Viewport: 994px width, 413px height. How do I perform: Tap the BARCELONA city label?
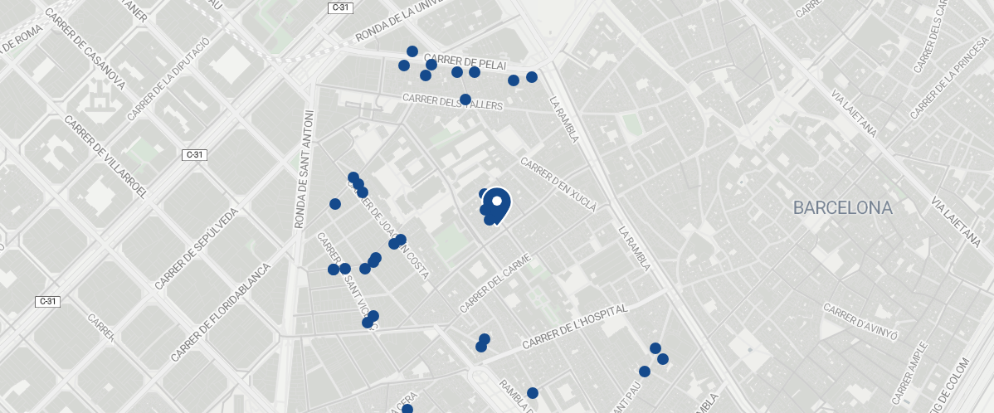pyautogui.click(x=842, y=207)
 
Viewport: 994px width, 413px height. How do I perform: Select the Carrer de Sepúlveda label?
pyautogui.click(x=196, y=249)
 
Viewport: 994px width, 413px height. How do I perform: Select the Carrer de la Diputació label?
pyautogui.click(x=168, y=78)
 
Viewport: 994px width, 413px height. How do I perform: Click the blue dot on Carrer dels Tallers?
pyautogui.click(x=465, y=100)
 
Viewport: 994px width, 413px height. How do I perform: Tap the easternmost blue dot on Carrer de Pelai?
pyautogui.click(x=532, y=77)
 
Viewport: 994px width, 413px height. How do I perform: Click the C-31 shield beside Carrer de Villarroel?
pyautogui.click(x=194, y=154)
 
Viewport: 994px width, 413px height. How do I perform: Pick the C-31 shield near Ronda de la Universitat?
pyautogui.click(x=339, y=7)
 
